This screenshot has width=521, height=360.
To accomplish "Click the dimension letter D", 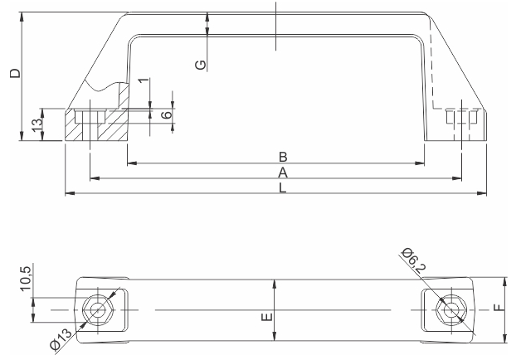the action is click(x=15, y=73).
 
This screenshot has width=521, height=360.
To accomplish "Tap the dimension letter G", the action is click(x=201, y=65).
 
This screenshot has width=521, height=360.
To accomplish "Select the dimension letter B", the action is click(x=283, y=157).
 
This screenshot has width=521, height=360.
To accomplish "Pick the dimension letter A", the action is click(x=283, y=173).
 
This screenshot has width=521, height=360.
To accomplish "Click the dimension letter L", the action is click(x=282, y=187).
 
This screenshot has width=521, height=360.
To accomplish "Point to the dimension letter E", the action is click(x=267, y=317).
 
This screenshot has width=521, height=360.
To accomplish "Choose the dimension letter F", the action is click(x=499, y=308).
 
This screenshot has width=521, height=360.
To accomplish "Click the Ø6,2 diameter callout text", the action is click(x=413, y=260).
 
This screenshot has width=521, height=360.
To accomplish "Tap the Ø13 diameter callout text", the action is click(x=61, y=339).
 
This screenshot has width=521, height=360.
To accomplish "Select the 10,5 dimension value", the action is click(x=26, y=279).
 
